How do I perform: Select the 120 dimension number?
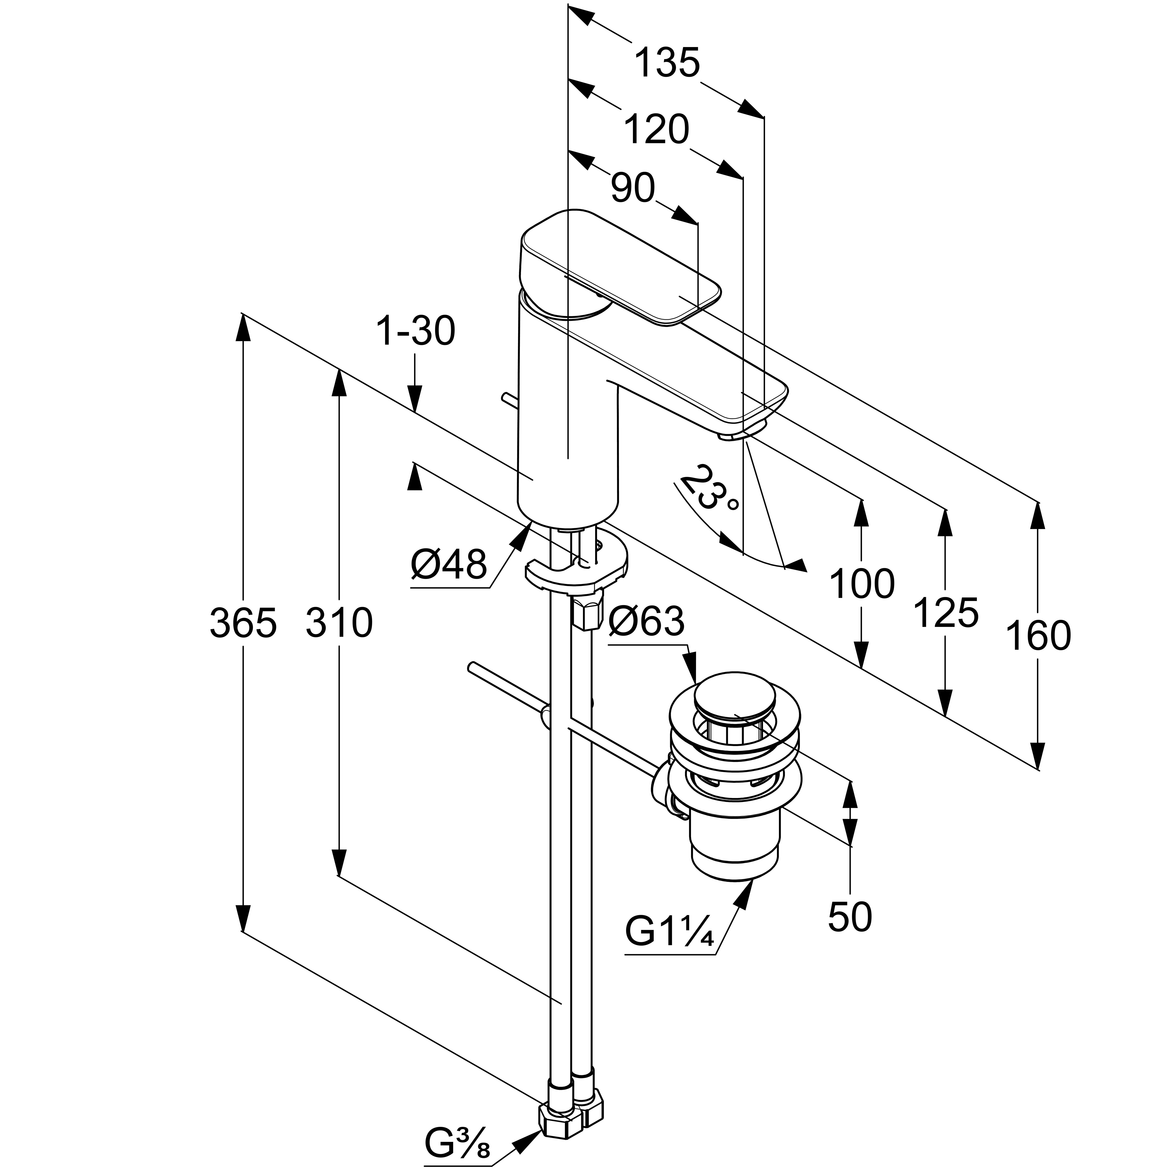pyautogui.click(x=656, y=129)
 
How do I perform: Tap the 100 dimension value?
pyautogui.click(x=861, y=584)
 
